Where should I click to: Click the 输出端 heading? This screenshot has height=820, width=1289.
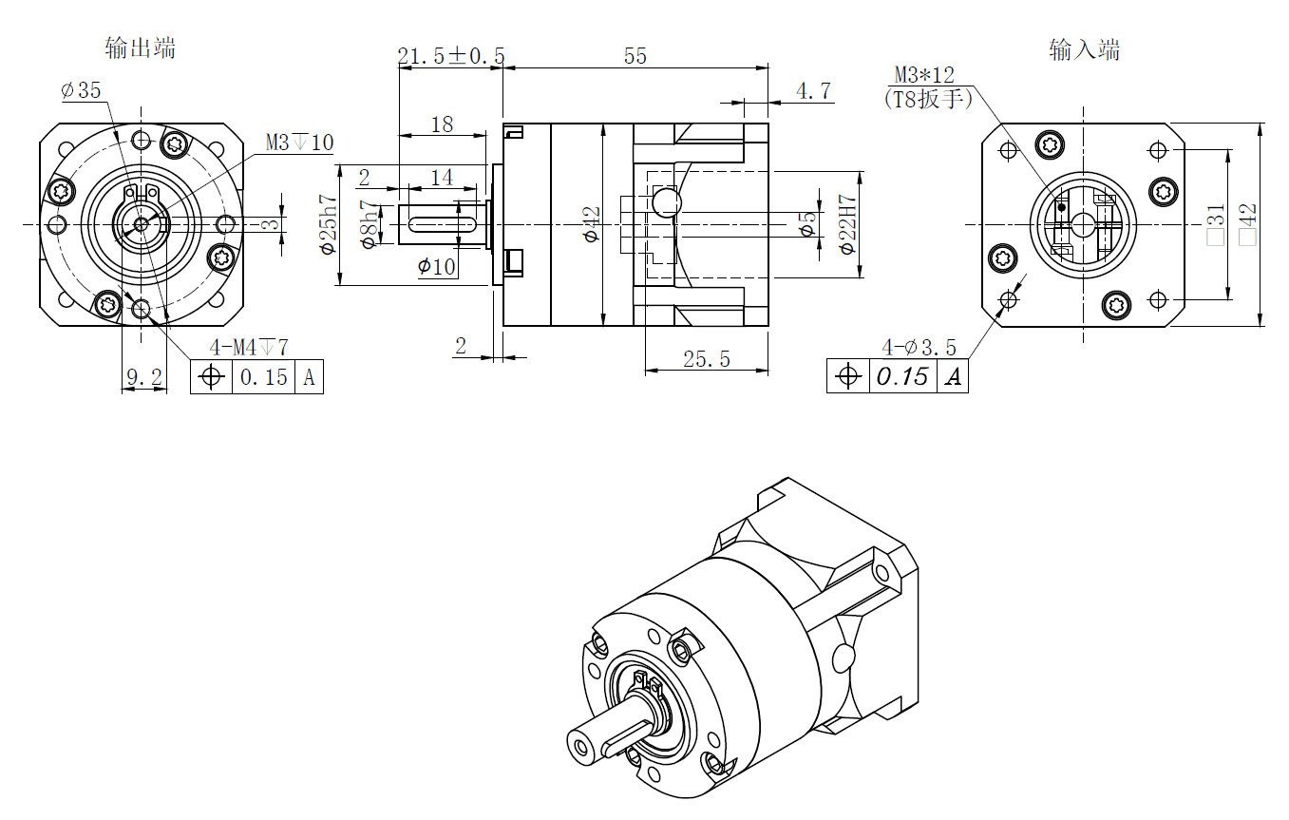coord(141,48)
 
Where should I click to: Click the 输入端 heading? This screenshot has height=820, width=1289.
coord(1084,49)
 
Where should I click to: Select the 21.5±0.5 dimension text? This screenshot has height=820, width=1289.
coord(451,56)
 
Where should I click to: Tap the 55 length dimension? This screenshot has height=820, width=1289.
coord(635,56)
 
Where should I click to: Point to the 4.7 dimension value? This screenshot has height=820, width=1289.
coord(813,91)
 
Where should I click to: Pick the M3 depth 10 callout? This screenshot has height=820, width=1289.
coord(299,143)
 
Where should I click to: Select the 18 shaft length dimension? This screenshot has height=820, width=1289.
coord(442,124)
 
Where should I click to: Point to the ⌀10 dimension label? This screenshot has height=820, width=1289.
coord(437,267)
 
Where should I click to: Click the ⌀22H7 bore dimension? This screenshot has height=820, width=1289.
coord(848,225)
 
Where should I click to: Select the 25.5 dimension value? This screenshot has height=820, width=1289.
coord(707,358)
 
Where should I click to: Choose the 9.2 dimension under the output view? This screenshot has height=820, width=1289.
coord(143,377)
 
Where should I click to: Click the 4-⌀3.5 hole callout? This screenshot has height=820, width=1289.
coord(919,347)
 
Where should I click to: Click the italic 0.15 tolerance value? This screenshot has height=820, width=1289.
coord(902,377)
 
